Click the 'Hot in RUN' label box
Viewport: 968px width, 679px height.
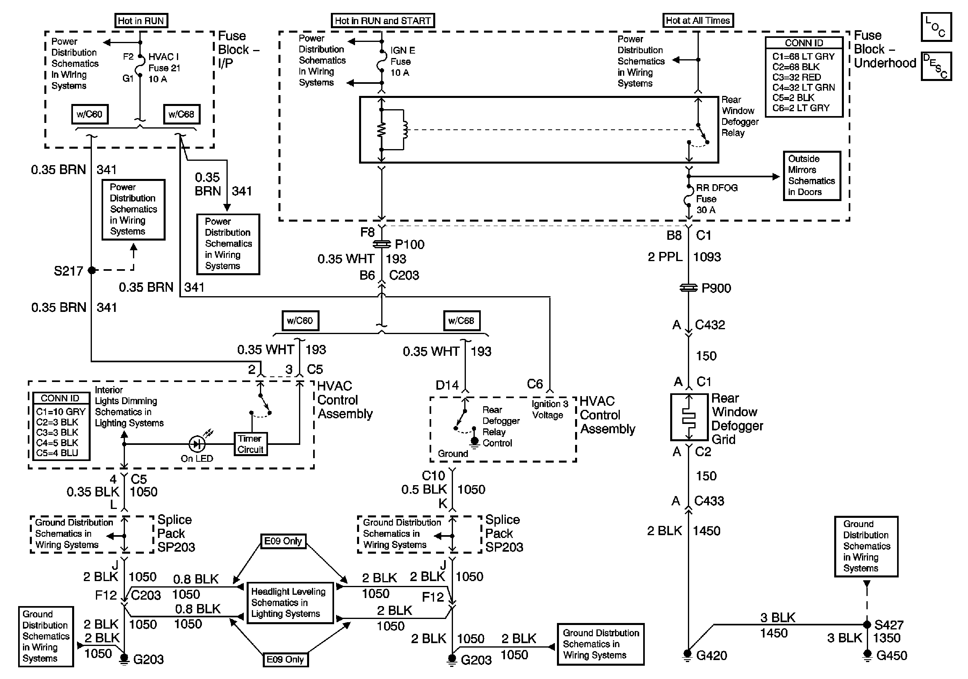click(141, 21)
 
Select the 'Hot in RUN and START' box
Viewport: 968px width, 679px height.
click(382, 21)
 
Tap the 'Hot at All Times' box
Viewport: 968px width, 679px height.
click(698, 20)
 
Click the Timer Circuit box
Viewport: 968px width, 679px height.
click(250, 444)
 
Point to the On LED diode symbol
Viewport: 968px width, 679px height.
click(197, 444)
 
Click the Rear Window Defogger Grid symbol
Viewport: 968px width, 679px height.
click(689, 417)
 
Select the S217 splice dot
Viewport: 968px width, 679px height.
click(91, 270)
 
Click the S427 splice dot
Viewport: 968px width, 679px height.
click(867, 624)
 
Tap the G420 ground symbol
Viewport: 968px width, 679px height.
click(688, 654)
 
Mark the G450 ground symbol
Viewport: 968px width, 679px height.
click(867, 654)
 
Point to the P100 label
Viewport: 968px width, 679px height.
click(409, 245)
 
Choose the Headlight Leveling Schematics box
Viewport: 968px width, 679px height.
click(290, 603)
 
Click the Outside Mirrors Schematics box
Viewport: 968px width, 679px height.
click(812, 176)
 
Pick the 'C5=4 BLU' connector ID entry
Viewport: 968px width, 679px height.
click(57, 453)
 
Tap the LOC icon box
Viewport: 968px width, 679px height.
click(936, 27)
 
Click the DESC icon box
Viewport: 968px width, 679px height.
click(936, 66)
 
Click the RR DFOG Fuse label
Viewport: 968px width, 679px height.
click(716, 199)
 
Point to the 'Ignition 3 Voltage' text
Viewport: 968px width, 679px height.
click(550, 409)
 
